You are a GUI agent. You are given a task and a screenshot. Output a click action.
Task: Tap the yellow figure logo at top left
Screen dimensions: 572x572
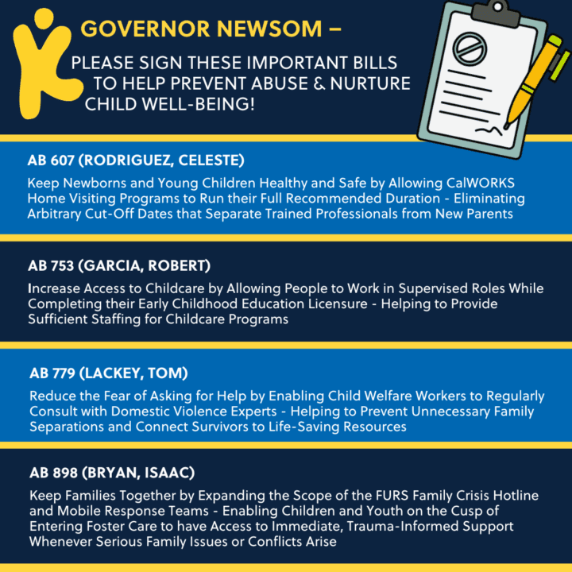(38, 60)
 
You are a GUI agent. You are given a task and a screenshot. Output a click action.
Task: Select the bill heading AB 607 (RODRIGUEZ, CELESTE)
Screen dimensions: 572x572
(136, 160)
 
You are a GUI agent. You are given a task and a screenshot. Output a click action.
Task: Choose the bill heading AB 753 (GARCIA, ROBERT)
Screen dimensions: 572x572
(121, 265)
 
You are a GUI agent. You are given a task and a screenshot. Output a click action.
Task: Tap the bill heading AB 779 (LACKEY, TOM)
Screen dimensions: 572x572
(110, 373)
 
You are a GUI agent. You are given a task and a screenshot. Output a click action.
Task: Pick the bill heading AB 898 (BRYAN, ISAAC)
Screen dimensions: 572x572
(111, 473)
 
